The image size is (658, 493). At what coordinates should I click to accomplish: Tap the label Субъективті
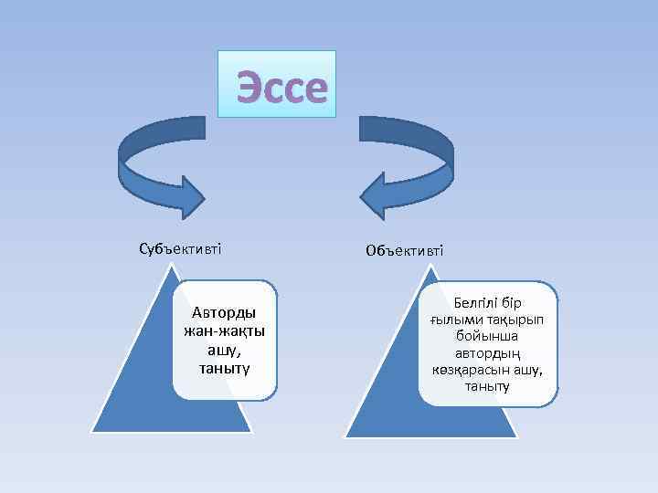[x=180, y=248]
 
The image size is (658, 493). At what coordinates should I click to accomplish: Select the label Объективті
[x=405, y=249]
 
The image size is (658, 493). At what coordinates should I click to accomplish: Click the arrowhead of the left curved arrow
[x=193, y=196]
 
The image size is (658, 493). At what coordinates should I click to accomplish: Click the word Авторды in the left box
[x=223, y=313]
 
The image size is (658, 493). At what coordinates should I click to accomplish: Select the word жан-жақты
[x=223, y=331]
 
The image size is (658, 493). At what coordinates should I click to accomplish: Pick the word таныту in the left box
[x=223, y=368]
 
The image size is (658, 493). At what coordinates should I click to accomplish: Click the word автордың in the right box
[x=487, y=353]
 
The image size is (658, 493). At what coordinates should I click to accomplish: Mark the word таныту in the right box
[x=487, y=387]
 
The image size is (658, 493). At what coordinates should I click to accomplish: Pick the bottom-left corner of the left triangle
[x=92, y=429]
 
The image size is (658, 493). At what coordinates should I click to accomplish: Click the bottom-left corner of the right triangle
[x=345, y=435]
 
